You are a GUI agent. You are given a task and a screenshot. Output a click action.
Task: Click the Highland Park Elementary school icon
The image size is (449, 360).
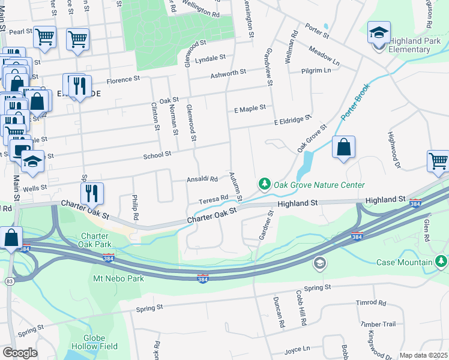[x=379, y=32]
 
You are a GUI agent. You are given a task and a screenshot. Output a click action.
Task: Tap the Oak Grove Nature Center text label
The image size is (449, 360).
[x=319, y=185]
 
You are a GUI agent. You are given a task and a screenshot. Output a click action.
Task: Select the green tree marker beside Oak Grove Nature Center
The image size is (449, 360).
[x=263, y=183]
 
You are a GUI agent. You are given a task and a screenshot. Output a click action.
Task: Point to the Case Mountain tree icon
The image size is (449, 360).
[x=441, y=261]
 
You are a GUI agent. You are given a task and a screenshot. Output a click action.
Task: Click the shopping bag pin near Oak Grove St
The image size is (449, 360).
[x=343, y=148]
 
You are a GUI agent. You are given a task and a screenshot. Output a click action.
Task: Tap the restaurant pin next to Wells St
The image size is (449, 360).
[x=92, y=193]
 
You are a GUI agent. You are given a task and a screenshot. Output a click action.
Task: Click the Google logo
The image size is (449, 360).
[x=20, y=353]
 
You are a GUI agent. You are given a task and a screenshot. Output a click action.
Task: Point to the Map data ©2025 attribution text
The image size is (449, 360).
[x=423, y=355]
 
